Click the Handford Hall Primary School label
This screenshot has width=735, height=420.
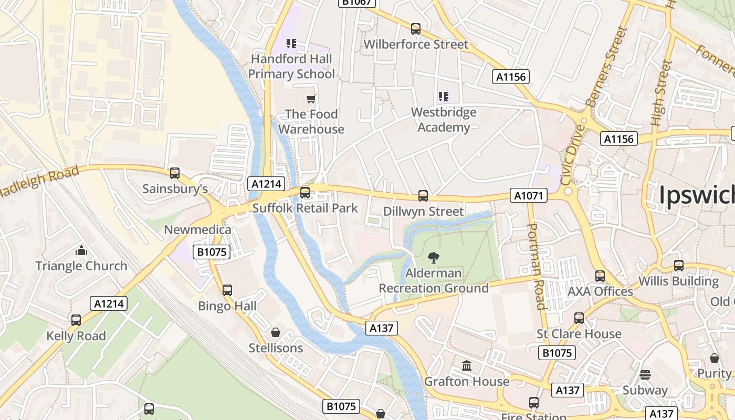[x=291, y=66]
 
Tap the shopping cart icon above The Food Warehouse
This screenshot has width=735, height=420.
[x=311, y=99]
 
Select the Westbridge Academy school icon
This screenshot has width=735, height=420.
[x=444, y=97]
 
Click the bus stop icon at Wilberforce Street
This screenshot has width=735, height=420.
[x=416, y=29]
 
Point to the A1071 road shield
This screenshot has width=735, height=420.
[x=529, y=196]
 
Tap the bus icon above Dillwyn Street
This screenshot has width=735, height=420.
[x=423, y=196]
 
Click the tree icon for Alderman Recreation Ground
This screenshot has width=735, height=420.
[x=434, y=258]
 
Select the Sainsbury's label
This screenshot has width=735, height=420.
[x=175, y=189]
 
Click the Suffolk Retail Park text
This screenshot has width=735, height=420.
[x=305, y=208]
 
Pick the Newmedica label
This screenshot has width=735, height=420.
[x=197, y=229]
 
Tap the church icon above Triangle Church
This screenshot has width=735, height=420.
[x=81, y=250]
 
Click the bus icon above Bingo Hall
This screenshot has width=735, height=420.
[x=227, y=290]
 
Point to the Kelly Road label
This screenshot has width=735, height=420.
[x=76, y=336]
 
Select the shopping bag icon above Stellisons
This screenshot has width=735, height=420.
[x=276, y=332]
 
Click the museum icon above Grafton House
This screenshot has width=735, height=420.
[x=467, y=365]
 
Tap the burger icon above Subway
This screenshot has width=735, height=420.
[x=645, y=374]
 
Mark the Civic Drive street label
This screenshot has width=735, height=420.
[x=572, y=155]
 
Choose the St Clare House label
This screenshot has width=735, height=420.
[x=579, y=334]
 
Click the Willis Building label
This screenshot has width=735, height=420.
[x=678, y=281]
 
